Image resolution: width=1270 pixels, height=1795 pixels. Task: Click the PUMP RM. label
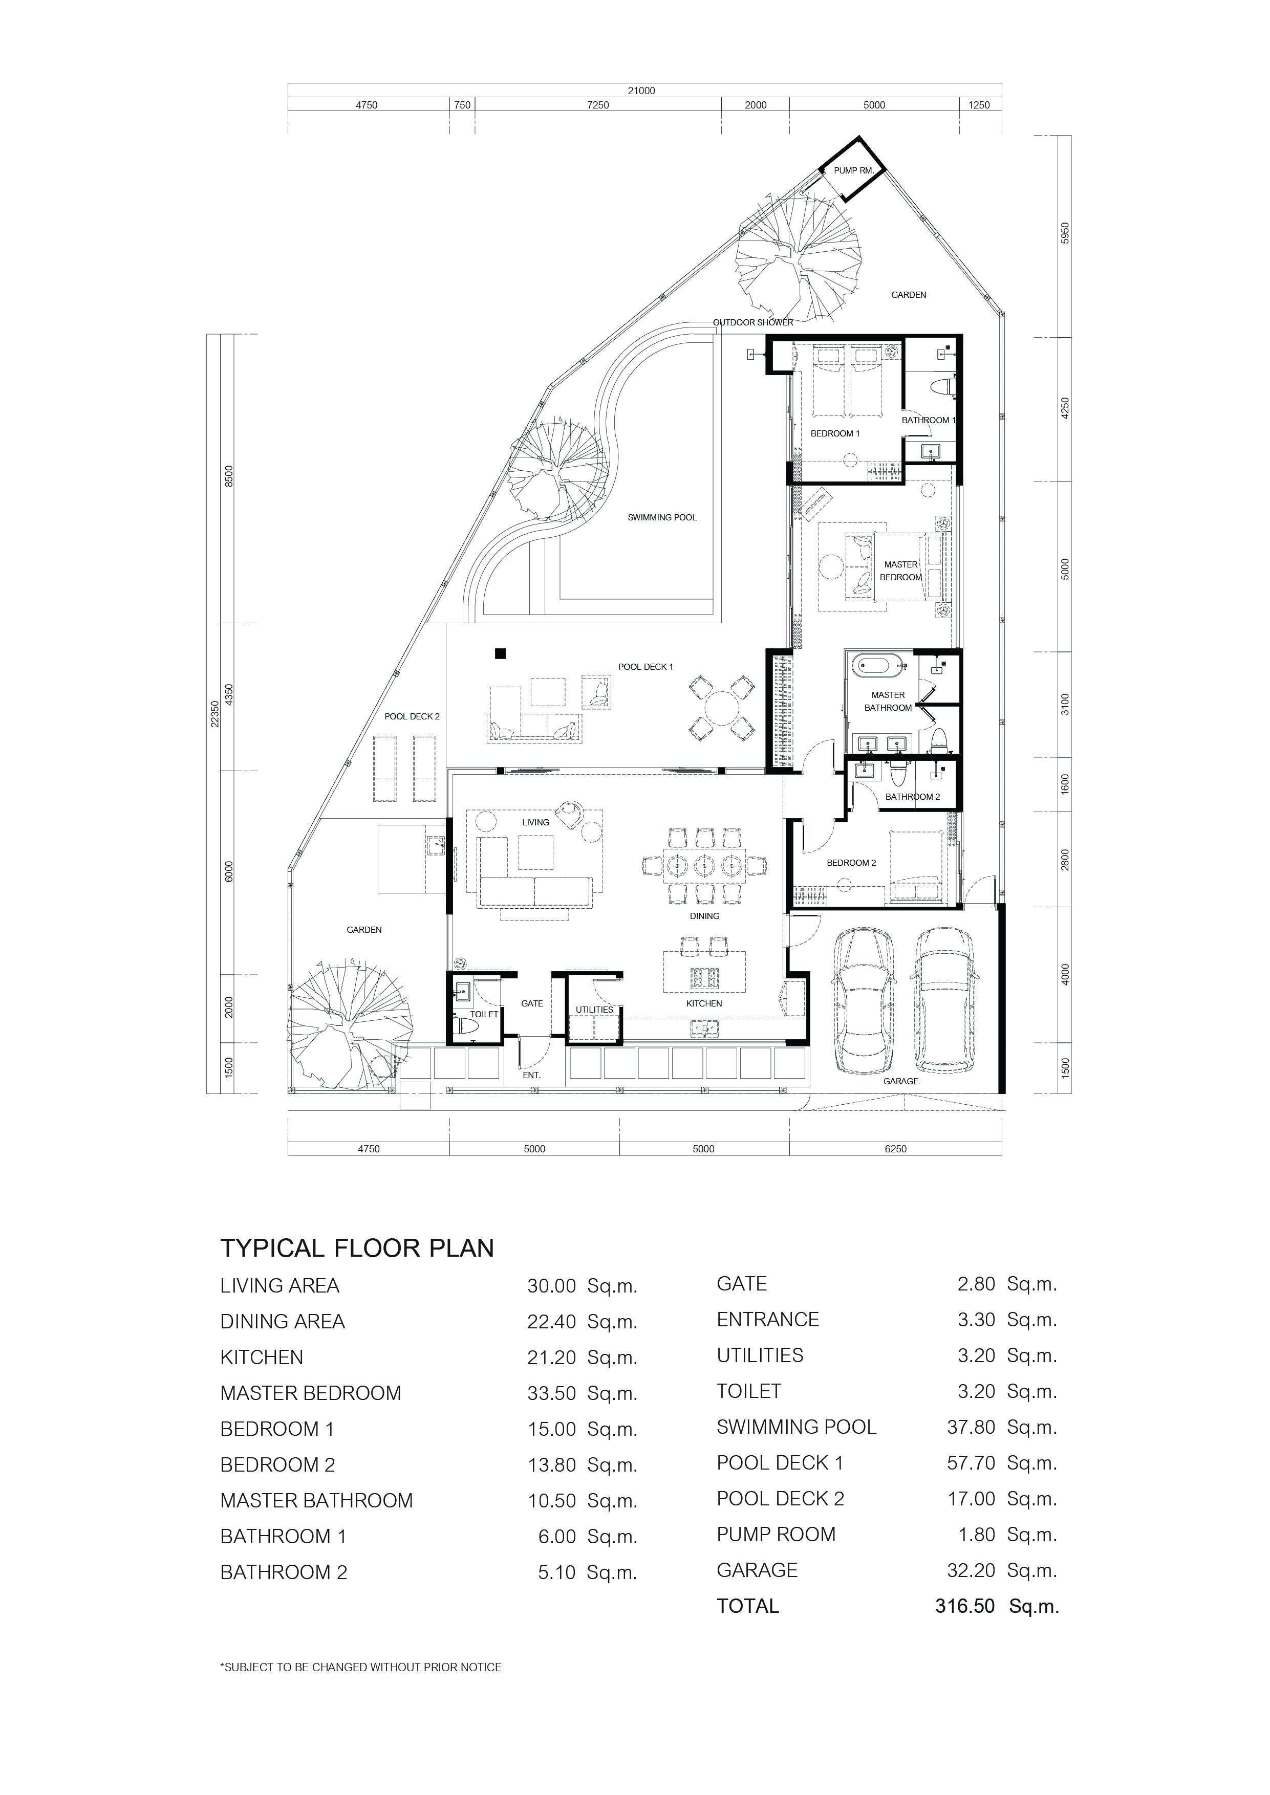[854, 170]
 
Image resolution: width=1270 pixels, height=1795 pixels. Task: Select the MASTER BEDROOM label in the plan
[901, 571]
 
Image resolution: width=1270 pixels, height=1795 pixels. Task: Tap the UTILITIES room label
[594, 1009]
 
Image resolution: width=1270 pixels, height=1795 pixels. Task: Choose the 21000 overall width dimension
[641, 91]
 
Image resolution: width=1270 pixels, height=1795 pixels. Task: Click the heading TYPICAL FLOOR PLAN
[357, 1247]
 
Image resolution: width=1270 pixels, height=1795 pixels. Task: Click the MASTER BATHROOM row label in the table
[317, 1500]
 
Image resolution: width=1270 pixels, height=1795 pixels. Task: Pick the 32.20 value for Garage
[971, 1570]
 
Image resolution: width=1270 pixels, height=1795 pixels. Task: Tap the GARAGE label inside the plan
[901, 1081]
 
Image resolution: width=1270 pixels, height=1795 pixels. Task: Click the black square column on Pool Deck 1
[501, 653]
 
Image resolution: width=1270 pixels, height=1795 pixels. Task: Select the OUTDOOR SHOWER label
[753, 322]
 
